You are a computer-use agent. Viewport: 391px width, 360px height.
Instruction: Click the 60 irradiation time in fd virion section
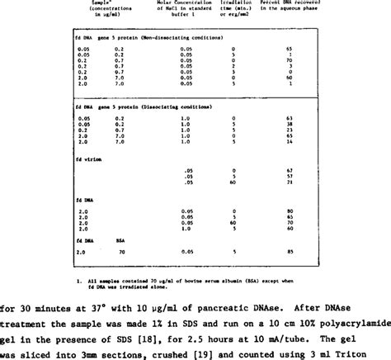(x=235, y=182)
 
